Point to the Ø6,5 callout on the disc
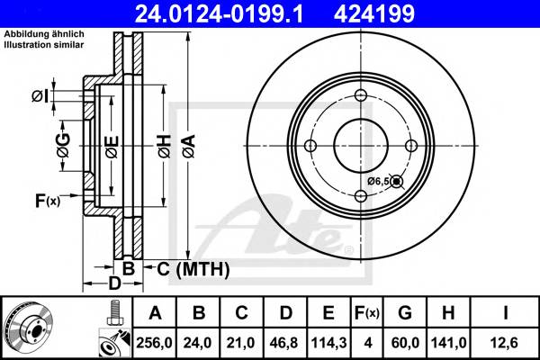pyautogui.click(x=377, y=182)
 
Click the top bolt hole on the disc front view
pyautogui.click(x=360, y=96)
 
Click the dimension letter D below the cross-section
pyautogui.click(x=115, y=284)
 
